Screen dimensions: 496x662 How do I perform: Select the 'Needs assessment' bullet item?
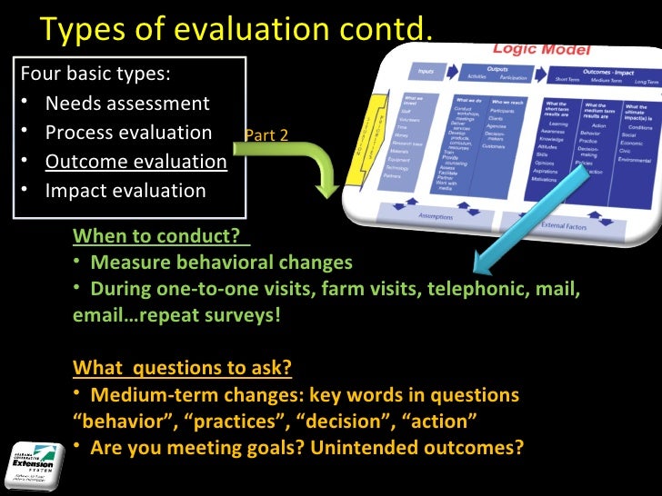(x=127, y=103)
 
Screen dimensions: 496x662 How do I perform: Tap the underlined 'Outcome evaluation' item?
(x=136, y=162)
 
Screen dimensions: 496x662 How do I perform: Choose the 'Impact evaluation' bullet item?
(x=125, y=191)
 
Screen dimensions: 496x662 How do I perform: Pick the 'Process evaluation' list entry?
(x=128, y=133)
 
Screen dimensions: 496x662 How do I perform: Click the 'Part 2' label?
(x=266, y=135)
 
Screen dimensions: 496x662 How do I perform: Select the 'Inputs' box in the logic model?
(x=426, y=72)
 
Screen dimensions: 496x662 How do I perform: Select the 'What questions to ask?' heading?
(x=182, y=368)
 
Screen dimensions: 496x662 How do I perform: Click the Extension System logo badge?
(x=35, y=464)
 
